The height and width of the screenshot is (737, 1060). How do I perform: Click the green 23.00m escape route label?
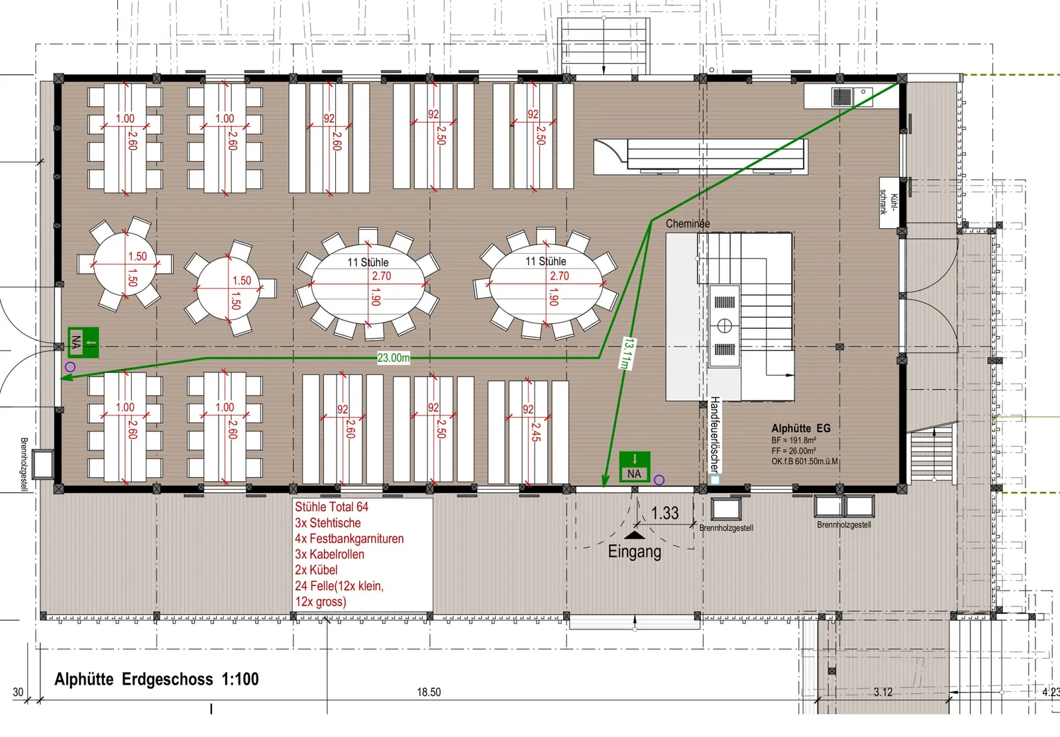[394, 358]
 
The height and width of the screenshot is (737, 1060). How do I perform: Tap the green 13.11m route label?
[627, 353]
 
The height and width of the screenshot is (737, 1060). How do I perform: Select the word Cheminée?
[688, 223]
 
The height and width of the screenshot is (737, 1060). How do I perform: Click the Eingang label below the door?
[634, 552]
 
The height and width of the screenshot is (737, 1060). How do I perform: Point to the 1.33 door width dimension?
[664, 513]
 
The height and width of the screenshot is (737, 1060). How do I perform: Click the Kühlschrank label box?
[889, 203]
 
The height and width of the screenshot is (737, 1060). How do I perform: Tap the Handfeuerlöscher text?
[715, 434]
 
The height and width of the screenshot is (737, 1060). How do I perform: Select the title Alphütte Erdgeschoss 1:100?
[156, 679]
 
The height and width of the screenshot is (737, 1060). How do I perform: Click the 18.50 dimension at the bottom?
[429, 692]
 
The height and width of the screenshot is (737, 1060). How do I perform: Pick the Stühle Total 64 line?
[332, 507]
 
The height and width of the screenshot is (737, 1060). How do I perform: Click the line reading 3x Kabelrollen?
[330, 554]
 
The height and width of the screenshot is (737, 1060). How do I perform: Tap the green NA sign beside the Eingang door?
[635, 467]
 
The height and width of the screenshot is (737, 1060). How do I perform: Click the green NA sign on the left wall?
[83, 342]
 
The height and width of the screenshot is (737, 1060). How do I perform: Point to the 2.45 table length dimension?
[536, 432]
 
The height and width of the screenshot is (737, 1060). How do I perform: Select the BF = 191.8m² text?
[794, 440]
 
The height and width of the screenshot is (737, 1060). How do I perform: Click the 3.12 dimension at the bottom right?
[883, 692]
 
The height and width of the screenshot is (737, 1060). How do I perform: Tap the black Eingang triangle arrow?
[634, 536]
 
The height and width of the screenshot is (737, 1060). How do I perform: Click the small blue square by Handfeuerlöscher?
[715, 480]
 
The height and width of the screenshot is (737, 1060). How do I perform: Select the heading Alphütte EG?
[801, 428]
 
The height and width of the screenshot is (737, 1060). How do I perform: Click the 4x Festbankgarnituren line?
[350, 539]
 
